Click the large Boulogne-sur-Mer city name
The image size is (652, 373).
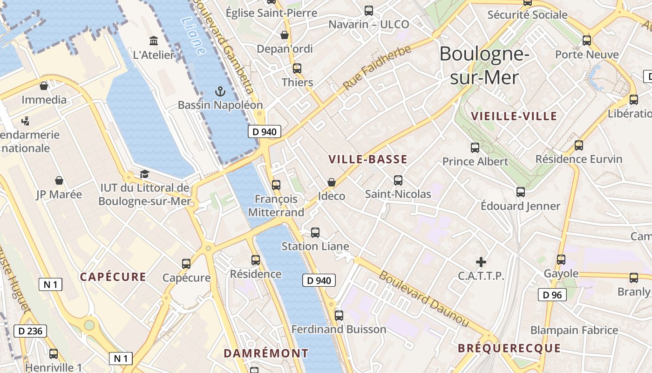(x=484, y=65)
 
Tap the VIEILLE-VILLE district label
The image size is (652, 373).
(x=514, y=116)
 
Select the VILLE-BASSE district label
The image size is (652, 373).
(x=368, y=159)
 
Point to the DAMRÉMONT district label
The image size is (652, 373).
(x=266, y=353)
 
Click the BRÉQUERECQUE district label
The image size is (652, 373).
(x=509, y=348)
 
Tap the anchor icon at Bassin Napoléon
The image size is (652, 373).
(x=220, y=91)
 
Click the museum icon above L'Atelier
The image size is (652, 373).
(x=154, y=41)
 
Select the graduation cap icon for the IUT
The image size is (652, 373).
(x=144, y=174)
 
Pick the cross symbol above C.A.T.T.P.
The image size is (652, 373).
(x=481, y=262)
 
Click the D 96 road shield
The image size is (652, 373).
(x=552, y=295)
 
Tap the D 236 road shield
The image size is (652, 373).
(x=31, y=332)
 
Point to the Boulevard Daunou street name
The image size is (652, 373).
(x=423, y=298)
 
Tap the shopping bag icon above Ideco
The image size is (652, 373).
(x=332, y=182)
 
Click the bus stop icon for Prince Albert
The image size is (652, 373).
(x=475, y=148)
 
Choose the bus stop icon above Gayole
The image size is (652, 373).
(x=561, y=260)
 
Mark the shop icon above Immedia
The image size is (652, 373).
(x=44, y=86)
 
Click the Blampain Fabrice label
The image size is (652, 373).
(x=574, y=331)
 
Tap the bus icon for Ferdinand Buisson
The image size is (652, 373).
(x=339, y=316)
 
